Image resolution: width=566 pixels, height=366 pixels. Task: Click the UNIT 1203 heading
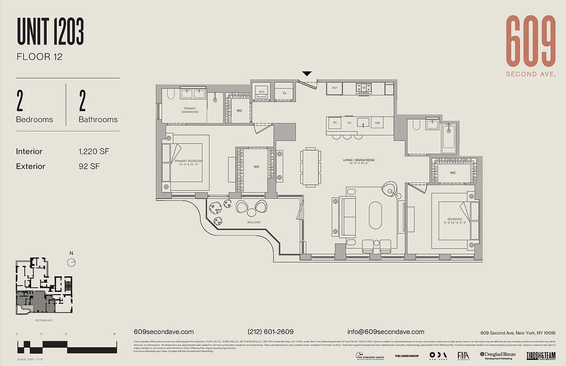50,32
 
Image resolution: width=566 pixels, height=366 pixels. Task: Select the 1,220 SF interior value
94,151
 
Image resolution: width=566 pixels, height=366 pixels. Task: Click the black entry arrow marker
307,74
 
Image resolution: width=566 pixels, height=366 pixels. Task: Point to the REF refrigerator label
335,88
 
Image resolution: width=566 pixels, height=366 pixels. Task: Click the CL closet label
284,93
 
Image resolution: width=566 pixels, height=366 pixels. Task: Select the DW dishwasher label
377,123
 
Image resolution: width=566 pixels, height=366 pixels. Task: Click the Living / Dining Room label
359,160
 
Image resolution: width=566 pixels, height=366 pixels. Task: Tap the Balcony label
254,222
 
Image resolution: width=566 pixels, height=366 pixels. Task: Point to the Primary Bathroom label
190,110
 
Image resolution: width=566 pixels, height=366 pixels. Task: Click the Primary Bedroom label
188,162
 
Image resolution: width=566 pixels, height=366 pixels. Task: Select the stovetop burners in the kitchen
364,87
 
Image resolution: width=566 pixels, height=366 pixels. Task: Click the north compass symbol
71,262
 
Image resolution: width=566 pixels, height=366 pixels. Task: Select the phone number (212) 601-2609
270,332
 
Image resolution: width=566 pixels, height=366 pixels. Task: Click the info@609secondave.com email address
386,332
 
